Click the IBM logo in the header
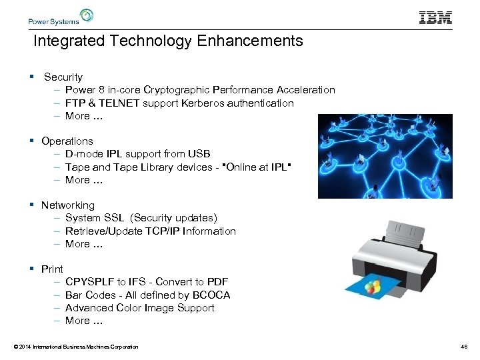pos(435,17)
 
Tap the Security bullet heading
pos(63,77)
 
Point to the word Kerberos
pos(205,103)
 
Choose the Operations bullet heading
pos(67,141)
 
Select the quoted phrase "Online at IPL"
pos(257,167)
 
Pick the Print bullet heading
pos(52,269)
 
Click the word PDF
pos(217,282)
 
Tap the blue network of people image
pos(385,156)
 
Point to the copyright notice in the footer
pos(75,347)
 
